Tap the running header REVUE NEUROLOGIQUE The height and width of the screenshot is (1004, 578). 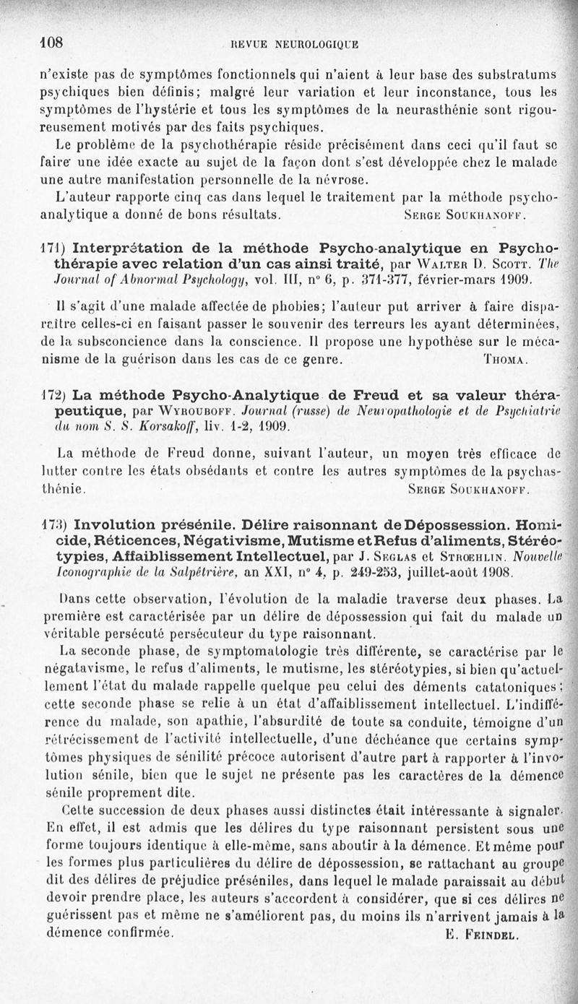tap(293, 45)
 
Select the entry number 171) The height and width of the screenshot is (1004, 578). tap(54, 246)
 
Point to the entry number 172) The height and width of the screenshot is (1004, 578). tap(55, 395)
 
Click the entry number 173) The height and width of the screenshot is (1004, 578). tap(55, 524)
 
